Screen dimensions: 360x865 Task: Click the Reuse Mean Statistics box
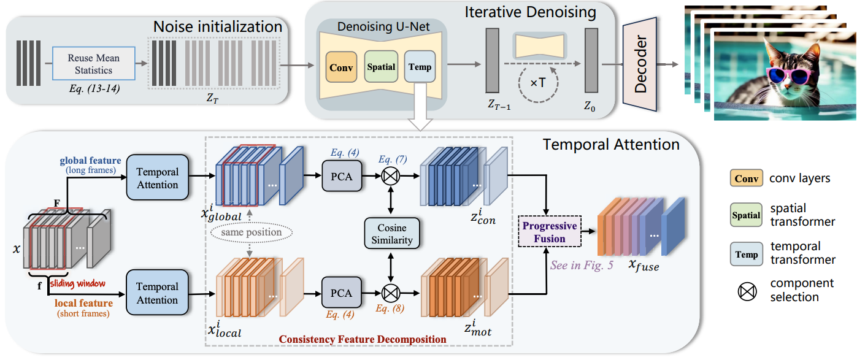pos(94,63)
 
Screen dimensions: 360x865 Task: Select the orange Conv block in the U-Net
pos(341,68)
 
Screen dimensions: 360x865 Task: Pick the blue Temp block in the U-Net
pos(420,67)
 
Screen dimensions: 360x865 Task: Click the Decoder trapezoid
pos(640,63)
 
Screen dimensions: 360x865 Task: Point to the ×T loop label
pos(539,82)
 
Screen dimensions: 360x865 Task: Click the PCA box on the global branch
pos(341,177)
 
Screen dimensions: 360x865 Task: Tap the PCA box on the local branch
pos(341,293)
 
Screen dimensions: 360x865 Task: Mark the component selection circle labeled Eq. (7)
pos(391,177)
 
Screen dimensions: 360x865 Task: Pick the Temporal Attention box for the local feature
pos(158,293)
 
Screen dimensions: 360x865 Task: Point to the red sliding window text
pos(78,284)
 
